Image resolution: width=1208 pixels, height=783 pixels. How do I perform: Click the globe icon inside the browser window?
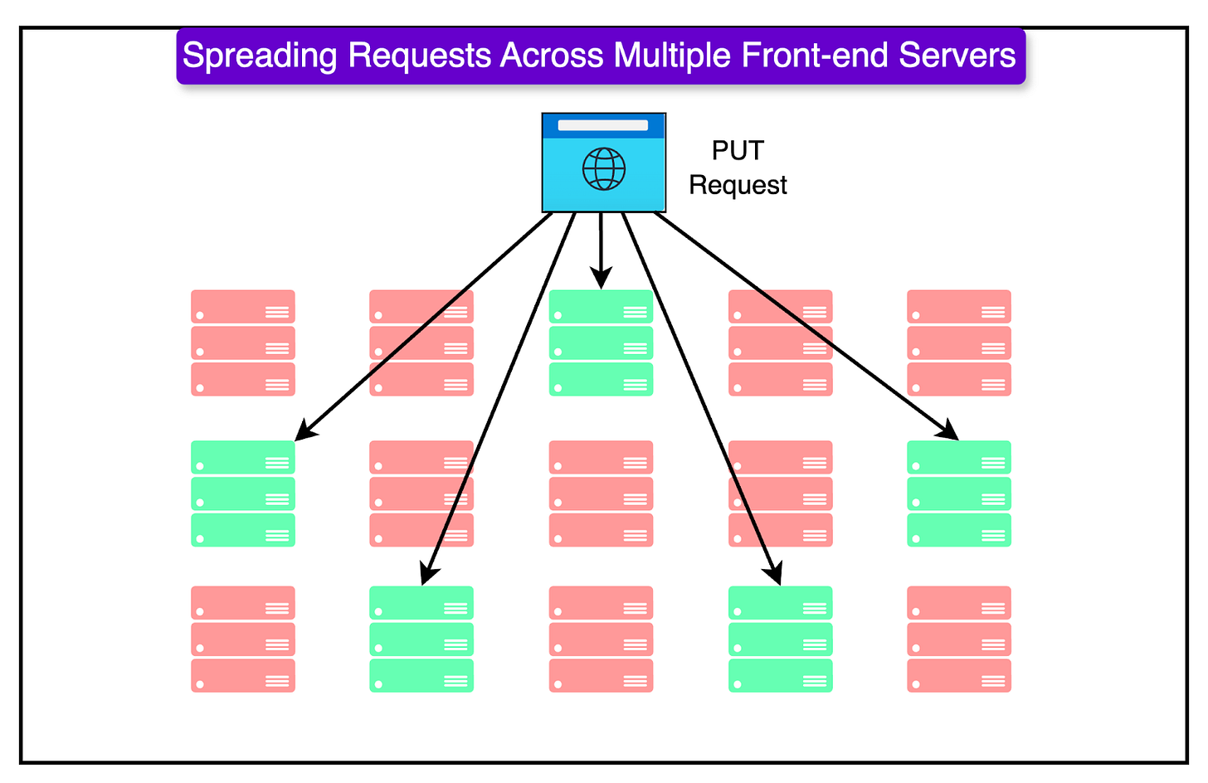click(603, 169)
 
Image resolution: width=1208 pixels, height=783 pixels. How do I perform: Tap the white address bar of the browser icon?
click(603, 125)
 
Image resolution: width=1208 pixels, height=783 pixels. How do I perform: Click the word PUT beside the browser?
click(738, 151)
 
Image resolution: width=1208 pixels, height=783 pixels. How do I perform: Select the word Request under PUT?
click(738, 185)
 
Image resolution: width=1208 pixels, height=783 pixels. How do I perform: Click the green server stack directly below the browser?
click(601, 343)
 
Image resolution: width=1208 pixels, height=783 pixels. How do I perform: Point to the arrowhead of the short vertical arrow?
click(601, 279)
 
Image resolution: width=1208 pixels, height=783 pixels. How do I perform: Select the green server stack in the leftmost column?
click(243, 494)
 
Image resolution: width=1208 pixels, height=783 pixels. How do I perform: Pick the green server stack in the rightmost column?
click(959, 494)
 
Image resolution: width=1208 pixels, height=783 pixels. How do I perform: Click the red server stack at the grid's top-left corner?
click(243, 343)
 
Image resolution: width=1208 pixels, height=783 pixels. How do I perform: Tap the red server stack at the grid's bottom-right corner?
click(959, 639)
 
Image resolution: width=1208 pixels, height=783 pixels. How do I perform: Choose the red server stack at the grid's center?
click(601, 494)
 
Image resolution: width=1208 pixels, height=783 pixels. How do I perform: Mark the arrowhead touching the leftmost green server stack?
click(304, 432)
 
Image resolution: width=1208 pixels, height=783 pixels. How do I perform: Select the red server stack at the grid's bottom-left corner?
click(243, 639)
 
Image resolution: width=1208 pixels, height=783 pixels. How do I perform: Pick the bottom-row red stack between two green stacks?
click(601, 639)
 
